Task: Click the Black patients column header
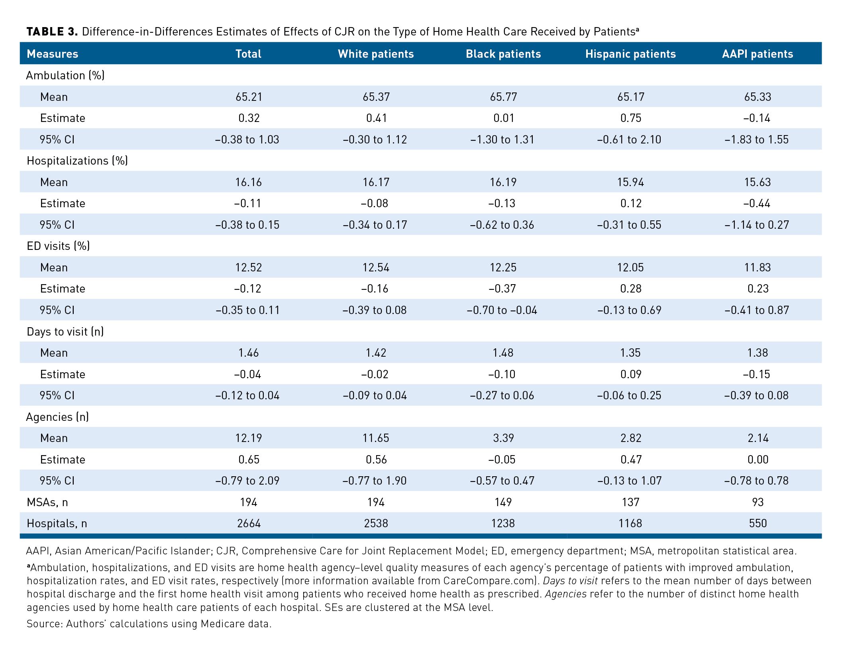pos(503,54)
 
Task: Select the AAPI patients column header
pos(758,54)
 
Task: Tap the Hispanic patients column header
pos(630,54)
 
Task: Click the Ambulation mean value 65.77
pos(503,97)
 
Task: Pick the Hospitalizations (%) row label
pos(77,161)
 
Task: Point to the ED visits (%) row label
pos(58,246)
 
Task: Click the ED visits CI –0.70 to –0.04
pos(502,310)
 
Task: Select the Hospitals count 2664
pos(249,523)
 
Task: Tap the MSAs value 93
pos(758,502)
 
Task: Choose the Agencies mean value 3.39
pos(503,438)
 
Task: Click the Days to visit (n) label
pos(65,332)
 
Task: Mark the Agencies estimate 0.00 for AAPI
pos(758,460)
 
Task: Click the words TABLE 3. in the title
pos(52,31)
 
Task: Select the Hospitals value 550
pos(758,523)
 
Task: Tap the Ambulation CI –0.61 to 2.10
pos(629,139)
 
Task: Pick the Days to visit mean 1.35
pos(630,353)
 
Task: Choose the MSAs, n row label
pos(47,502)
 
